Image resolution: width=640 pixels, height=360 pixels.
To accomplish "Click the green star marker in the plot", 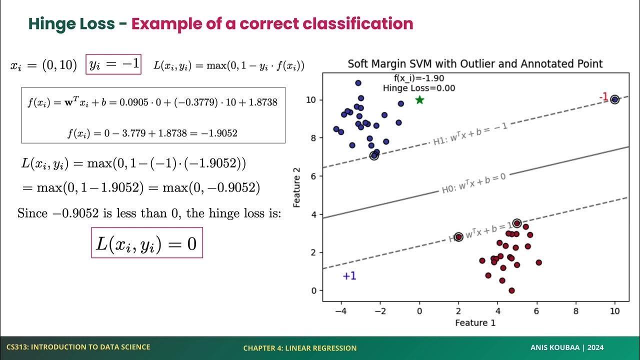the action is coord(419,100).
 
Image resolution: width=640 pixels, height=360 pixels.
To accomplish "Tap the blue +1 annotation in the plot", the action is coord(349,276).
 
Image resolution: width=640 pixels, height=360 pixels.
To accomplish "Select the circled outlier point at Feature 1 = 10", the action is coord(614,99).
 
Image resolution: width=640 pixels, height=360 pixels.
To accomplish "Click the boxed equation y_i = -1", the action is coord(113,64).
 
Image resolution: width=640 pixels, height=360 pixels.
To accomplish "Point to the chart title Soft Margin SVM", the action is coord(475,63).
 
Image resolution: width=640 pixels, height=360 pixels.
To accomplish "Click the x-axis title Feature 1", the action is coord(475,322).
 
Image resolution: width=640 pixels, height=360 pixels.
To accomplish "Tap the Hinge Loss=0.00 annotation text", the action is coord(419,88).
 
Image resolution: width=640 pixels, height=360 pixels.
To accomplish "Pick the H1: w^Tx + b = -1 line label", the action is coord(470,134).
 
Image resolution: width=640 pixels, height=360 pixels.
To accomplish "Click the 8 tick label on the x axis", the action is coord(575,310).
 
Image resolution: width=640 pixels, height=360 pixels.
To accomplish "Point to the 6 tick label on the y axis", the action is coord(313,176).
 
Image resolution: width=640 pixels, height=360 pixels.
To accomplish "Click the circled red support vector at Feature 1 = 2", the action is coord(458,236).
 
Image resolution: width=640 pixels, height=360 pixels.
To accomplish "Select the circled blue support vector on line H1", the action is coord(374,156).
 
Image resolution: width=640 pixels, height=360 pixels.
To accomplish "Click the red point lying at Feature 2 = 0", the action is coord(511,290).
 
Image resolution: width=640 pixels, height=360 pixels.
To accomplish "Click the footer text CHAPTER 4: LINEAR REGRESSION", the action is coord(300,348).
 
